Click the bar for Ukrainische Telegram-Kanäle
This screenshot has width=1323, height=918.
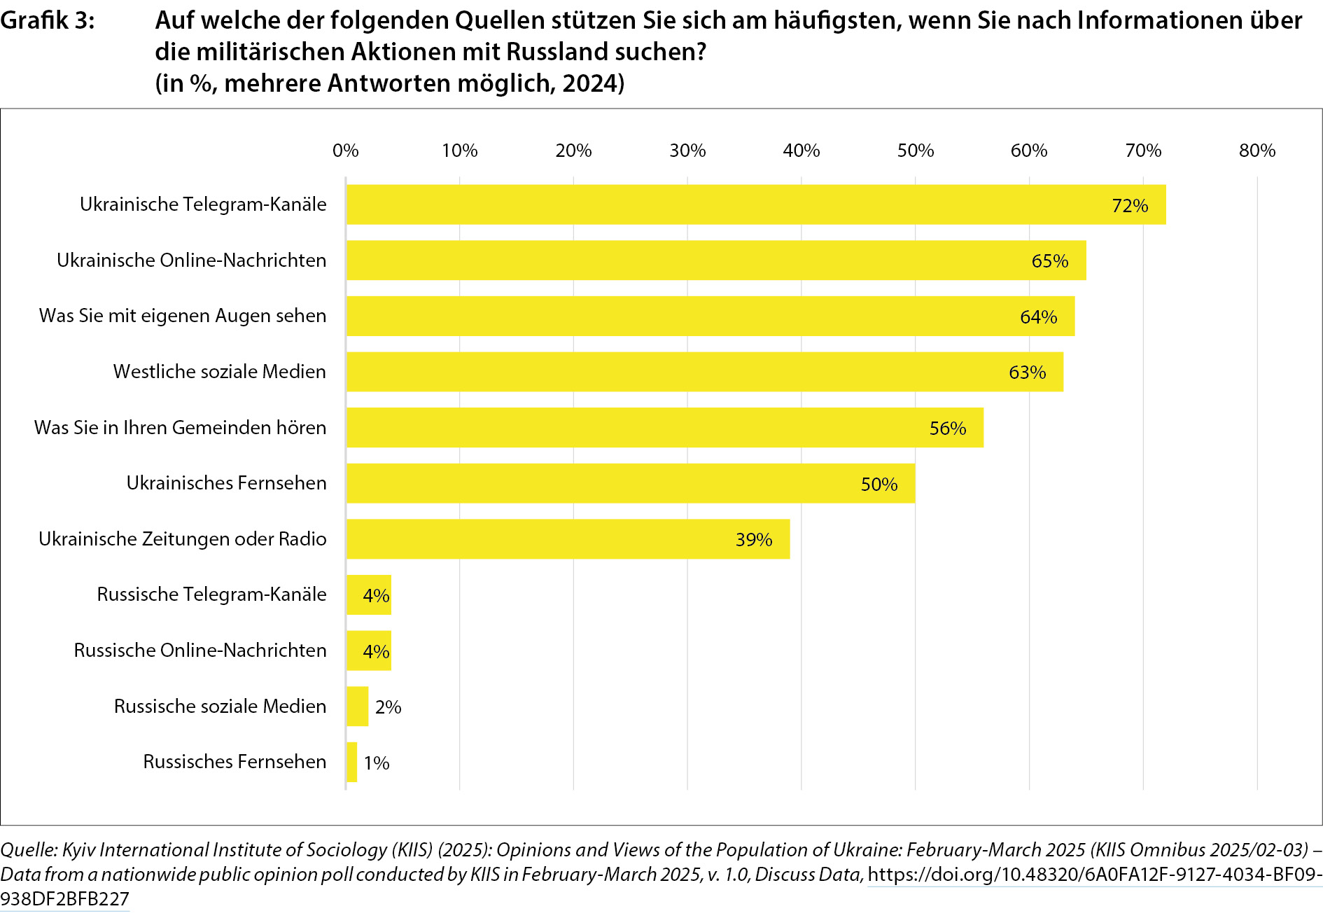click(x=756, y=204)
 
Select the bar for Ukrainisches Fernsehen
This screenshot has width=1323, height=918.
click(x=630, y=483)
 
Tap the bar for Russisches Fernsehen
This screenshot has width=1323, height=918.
click(x=351, y=762)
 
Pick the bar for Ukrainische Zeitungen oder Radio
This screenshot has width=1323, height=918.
click(x=568, y=539)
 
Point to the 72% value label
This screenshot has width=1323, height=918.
click(x=1130, y=206)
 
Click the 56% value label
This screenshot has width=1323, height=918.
click(x=947, y=429)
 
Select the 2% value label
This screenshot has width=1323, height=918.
click(x=388, y=707)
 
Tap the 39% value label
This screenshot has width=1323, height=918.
click(x=753, y=540)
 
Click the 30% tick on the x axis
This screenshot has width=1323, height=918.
click(x=687, y=151)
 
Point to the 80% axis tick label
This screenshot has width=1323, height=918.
click(x=1256, y=151)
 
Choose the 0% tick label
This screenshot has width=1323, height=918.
click(x=346, y=151)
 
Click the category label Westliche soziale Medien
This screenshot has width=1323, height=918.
click(x=219, y=372)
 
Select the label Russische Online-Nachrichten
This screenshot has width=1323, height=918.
click(x=200, y=651)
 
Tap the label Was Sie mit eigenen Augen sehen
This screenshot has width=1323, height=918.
click(x=183, y=316)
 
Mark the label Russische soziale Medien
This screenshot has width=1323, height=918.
click(x=220, y=707)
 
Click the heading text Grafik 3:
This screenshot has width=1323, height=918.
click(x=47, y=21)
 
